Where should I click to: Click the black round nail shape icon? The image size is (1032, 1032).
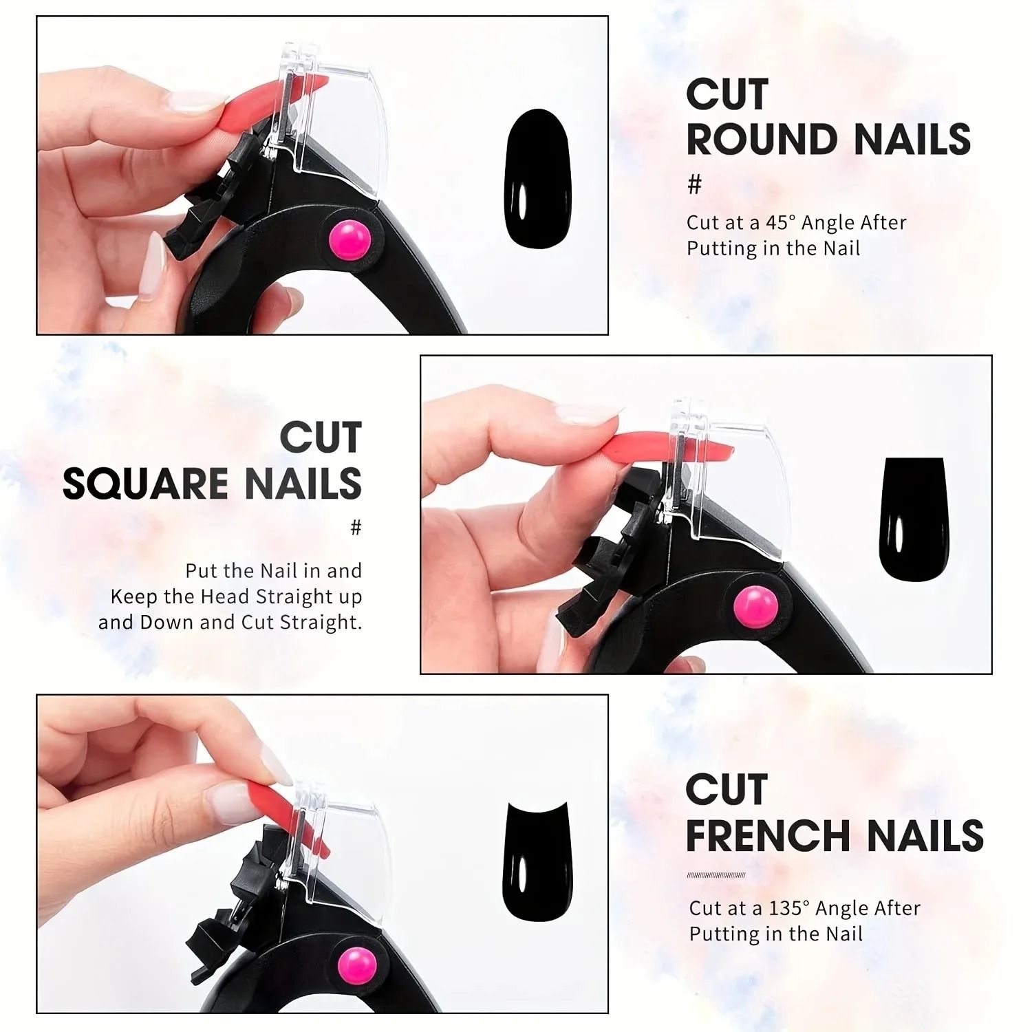tap(538, 178)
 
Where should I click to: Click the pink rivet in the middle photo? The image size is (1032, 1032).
tap(755, 607)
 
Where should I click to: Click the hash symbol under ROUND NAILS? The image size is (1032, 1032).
tap(695, 184)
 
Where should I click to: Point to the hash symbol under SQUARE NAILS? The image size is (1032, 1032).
tap(356, 528)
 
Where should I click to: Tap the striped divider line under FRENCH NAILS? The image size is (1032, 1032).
tap(716, 875)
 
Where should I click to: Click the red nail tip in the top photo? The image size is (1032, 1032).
tap(275, 101)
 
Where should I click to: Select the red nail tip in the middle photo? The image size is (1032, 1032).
tap(668, 445)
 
